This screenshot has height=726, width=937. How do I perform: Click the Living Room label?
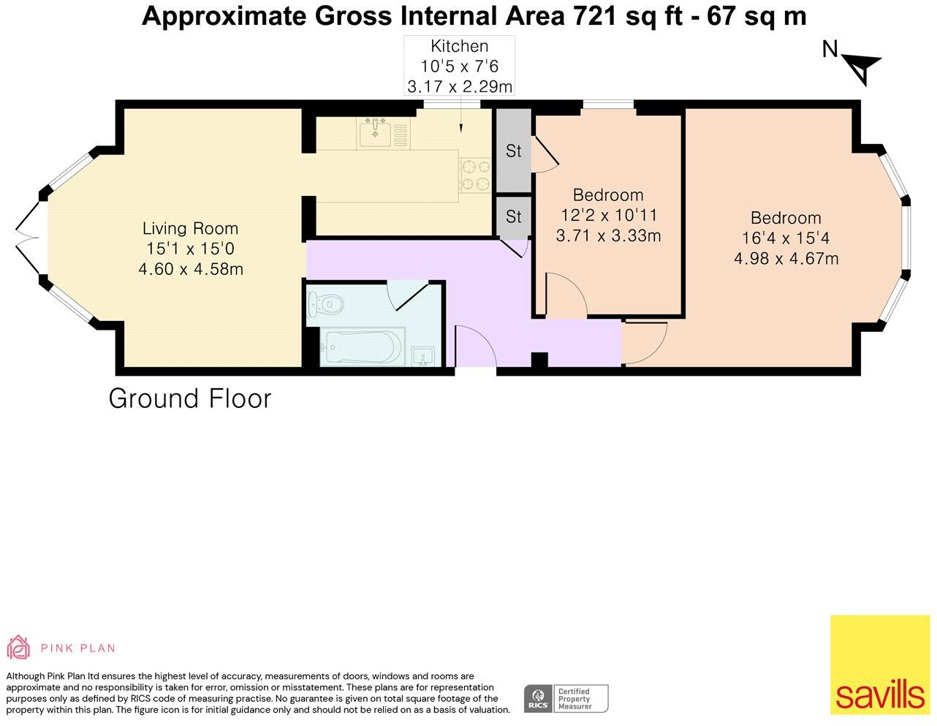click(190, 229)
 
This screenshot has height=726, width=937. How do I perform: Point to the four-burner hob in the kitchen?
click(476, 175)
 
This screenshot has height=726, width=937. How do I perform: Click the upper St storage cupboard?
click(513, 151)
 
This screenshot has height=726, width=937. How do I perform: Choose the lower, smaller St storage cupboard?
click(513, 216)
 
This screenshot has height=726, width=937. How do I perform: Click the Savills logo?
click(880, 665)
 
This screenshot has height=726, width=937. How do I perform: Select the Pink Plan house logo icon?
click(18, 647)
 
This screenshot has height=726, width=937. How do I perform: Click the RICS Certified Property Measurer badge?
click(566, 698)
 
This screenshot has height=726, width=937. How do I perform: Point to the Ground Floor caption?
click(190, 398)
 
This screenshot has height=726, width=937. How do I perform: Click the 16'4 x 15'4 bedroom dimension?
click(786, 238)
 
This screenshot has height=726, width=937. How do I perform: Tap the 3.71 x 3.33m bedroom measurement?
click(608, 236)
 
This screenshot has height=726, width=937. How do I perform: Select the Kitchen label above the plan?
click(460, 46)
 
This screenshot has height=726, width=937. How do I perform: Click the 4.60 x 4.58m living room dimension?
click(191, 269)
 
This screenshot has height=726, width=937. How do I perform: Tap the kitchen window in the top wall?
click(452, 104)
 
